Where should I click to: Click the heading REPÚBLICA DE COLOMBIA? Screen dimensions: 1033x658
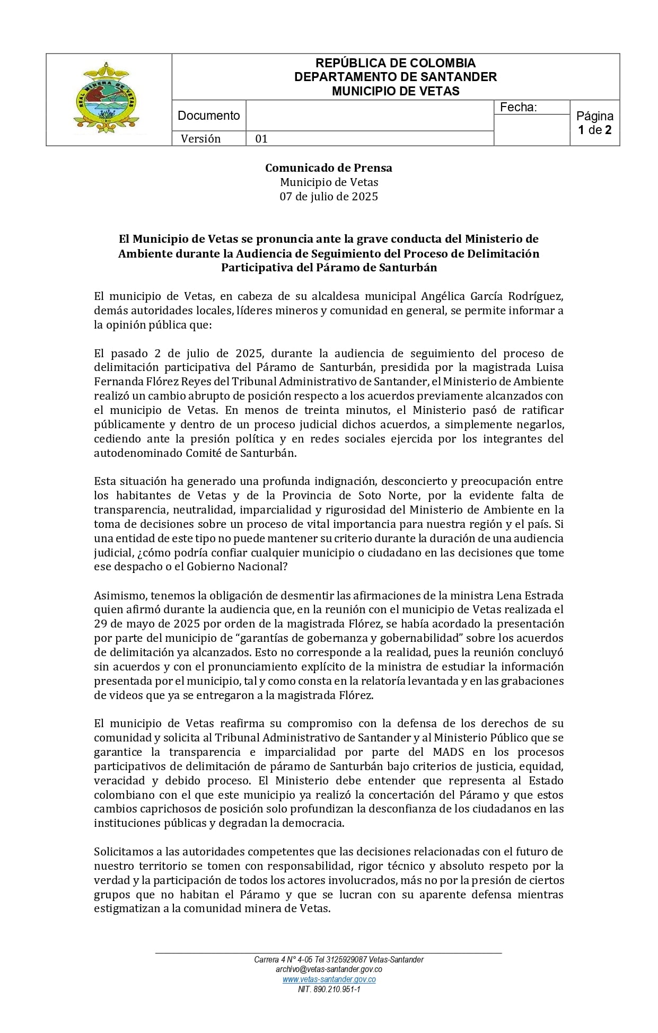(x=396, y=63)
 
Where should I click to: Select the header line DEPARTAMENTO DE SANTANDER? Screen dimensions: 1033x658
(x=396, y=77)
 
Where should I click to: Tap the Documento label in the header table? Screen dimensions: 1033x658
(x=208, y=116)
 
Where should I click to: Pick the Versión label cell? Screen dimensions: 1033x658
(x=200, y=139)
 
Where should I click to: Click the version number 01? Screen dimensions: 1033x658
(x=261, y=139)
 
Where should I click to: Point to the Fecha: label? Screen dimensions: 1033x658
(x=518, y=108)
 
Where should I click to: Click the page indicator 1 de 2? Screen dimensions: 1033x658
(x=594, y=130)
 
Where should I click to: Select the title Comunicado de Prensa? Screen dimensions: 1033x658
(x=329, y=168)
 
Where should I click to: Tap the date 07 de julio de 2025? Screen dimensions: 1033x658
(x=329, y=197)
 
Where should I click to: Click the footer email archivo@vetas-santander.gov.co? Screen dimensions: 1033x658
(x=329, y=969)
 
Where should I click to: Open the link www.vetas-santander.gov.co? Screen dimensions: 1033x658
(x=329, y=979)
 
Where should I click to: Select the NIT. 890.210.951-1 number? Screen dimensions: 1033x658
(x=329, y=989)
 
